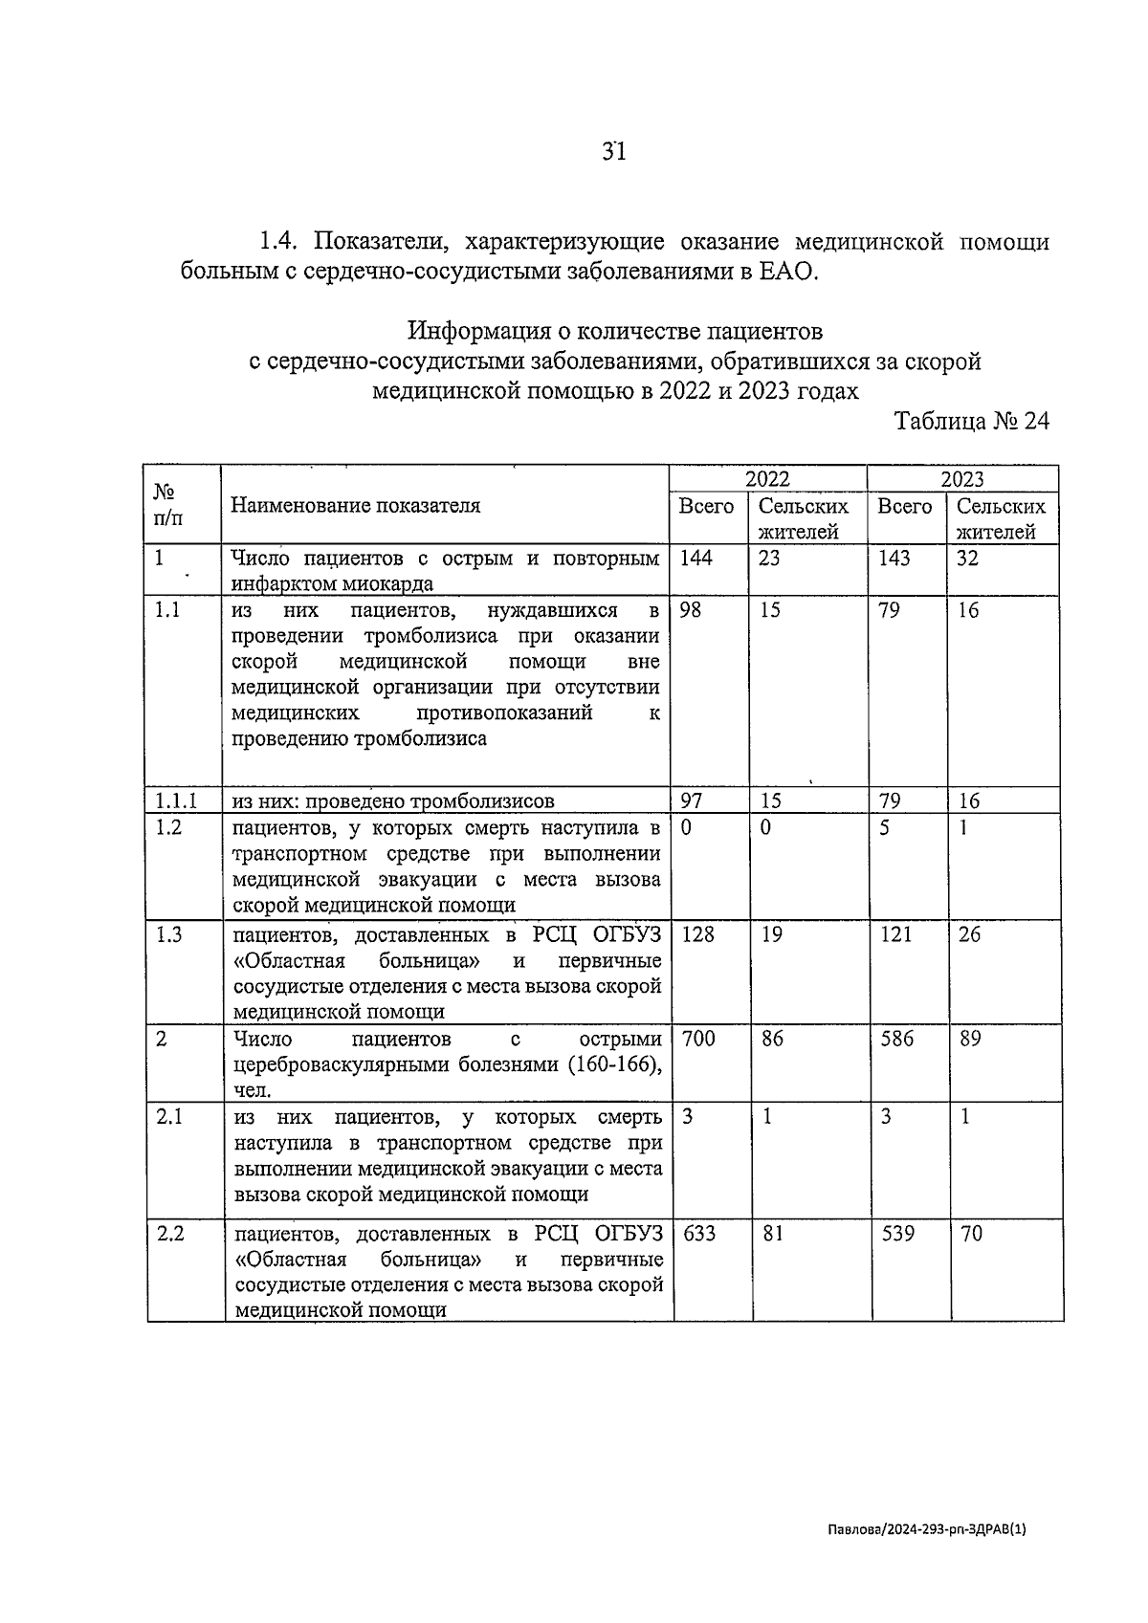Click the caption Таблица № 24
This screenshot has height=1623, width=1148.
pos(971,421)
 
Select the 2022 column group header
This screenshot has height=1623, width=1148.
pos(767,479)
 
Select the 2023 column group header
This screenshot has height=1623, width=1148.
pos(961,479)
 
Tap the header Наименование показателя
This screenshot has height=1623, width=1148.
pos(355,506)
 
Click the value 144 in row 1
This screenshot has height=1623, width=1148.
pos(695,559)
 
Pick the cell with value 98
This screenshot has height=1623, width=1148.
pos(690,610)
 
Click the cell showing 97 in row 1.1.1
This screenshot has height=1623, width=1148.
pos(690,801)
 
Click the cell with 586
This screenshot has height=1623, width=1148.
pos(896,1039)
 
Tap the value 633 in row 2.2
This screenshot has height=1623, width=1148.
pos(698,1234)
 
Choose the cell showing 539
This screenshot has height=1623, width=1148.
pos(896,1234)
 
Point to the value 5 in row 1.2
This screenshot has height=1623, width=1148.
pos(885,827)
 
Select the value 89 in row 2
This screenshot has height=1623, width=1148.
pos(969,1039)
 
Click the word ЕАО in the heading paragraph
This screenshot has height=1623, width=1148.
pos(789,273)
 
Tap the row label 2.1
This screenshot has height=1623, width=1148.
pos(169,1117)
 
